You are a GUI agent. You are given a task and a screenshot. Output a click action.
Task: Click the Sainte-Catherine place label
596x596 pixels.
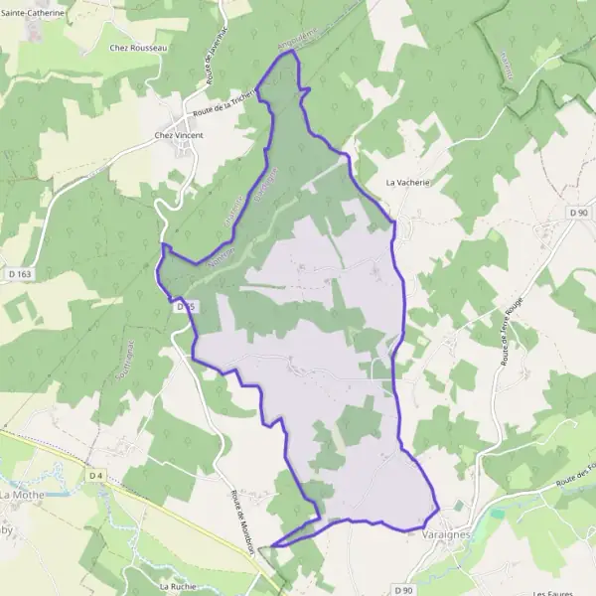32,14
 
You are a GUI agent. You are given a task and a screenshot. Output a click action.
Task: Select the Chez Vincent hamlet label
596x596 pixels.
177,135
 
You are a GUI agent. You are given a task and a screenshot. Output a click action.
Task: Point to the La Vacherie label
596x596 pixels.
407,183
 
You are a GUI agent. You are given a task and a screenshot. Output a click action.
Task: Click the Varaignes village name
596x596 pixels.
439,533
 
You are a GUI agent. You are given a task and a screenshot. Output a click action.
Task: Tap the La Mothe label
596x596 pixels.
20,494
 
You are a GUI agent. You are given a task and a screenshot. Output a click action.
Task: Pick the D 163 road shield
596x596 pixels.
17,274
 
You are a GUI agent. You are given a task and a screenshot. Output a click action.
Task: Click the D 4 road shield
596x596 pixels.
95,477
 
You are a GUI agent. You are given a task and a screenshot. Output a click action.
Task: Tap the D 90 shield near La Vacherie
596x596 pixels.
579,214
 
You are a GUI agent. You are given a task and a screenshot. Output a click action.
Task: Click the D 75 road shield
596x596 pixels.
183,308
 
